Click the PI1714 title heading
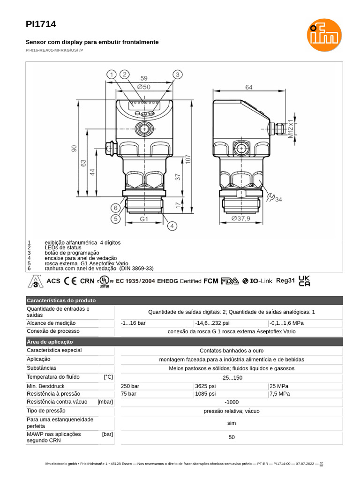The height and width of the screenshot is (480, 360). [37, 24]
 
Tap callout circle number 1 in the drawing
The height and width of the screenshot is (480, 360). [111, 75]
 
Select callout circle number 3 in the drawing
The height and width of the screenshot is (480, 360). [177, 75]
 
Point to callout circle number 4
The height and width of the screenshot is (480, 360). [172, 226]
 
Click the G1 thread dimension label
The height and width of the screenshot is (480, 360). [144, 219]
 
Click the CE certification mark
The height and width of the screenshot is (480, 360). [70, 281]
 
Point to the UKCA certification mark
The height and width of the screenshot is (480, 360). [304, 281]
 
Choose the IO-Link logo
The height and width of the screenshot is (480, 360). [257, 281]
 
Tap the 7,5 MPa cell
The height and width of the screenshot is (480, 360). [280, 394]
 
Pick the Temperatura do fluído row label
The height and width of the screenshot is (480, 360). [53, 377]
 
